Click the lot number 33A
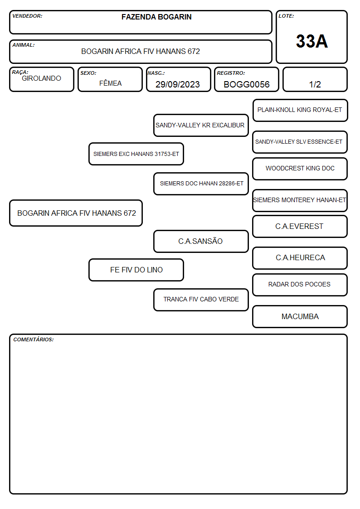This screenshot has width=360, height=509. click(311, 41)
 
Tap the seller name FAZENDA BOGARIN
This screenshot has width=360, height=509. click(156, 17)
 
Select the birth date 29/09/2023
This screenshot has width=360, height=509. click(178, 84)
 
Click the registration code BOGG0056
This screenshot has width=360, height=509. click(247, 84)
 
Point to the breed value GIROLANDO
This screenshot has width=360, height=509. click(42, 78)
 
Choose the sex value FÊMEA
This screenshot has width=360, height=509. click(110, 83)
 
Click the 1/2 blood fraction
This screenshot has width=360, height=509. click(315, 84)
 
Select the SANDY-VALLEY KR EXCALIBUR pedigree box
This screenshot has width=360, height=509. click(201, 125)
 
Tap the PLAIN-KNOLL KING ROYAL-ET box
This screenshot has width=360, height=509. click(300, 111)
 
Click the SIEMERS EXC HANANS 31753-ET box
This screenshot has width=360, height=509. click(136, 154)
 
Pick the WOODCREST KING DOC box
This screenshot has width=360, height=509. click(300, 169)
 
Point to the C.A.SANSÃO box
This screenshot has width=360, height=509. click(201, 241)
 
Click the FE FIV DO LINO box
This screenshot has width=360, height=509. click(136, 270)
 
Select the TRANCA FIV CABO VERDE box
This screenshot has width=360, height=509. click(201, 300)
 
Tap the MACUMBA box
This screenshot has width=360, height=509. click(300, 316)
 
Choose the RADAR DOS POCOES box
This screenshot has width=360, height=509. click(300, 285)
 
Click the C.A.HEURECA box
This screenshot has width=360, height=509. click(300, 258)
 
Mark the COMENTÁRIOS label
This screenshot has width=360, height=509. click(34, 339)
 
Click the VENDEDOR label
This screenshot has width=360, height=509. click(27, 16)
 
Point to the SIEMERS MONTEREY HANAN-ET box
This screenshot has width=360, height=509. click(300, 200)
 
